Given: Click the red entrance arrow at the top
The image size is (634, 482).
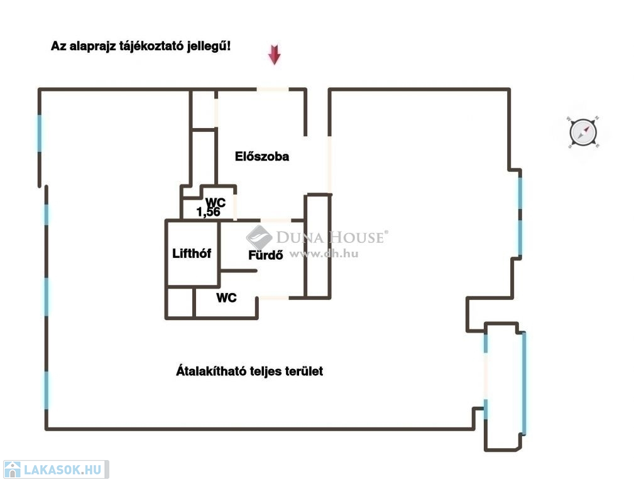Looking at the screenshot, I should (274, 55).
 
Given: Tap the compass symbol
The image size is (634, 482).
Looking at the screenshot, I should (583, 132).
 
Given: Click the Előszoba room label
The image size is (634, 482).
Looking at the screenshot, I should (262, 156).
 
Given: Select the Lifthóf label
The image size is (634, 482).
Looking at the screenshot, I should (192, 254).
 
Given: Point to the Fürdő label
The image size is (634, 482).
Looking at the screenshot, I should (265, 255).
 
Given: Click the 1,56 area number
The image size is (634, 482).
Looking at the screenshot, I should (209, 212).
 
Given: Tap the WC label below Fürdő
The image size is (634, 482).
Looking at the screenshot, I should (227, 297).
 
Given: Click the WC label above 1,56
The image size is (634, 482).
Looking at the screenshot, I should (216, 202).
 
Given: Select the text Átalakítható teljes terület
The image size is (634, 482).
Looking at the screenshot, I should (249, 371).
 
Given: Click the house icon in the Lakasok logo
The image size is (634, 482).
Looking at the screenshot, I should (13, 469).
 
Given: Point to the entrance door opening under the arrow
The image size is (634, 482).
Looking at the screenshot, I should (273, 90).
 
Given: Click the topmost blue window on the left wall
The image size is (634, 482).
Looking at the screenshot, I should (40, 132).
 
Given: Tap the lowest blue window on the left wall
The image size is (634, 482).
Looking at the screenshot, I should (46, 390).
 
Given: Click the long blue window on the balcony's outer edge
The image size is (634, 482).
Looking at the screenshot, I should (524, 383).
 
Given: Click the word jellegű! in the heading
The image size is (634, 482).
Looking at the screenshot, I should (209, 46).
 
